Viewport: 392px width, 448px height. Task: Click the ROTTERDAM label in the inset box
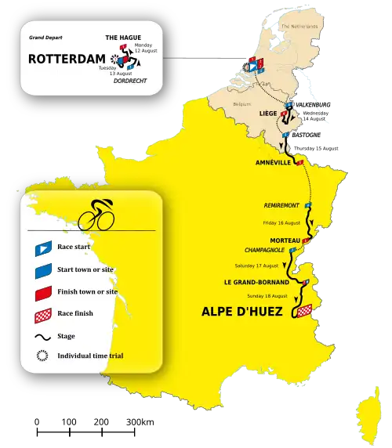(x=66, y=59)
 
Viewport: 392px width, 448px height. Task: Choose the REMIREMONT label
(x=281, y=205)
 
